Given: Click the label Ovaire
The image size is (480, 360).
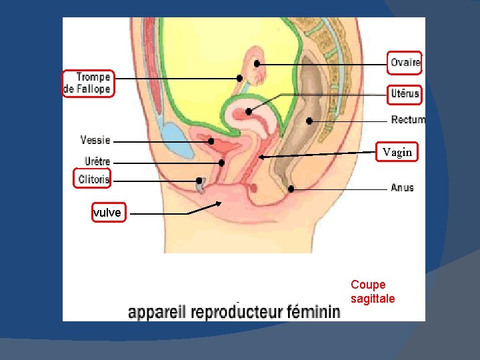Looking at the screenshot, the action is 405,63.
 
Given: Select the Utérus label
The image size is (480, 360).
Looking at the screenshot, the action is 405,94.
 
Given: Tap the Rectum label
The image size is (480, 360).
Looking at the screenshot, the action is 407,121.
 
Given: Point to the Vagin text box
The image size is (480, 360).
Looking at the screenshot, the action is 397,153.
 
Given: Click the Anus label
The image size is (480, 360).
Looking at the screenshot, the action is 402,188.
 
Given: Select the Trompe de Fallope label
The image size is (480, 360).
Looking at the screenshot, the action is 87,83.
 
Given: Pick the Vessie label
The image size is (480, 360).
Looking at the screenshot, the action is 95,141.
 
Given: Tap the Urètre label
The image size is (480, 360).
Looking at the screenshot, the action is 97,161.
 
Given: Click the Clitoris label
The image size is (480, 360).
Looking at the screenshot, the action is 93,179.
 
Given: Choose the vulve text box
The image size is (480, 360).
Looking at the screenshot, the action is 107,213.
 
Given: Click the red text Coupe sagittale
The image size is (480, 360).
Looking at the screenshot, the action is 372,292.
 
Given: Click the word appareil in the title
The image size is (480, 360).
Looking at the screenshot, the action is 154,312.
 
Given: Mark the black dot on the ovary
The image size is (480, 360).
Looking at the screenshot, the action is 257,63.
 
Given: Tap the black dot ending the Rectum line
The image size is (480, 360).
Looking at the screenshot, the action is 309,121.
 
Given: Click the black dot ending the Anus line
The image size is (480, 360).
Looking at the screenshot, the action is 291,189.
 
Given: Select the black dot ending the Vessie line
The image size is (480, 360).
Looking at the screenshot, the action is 211,141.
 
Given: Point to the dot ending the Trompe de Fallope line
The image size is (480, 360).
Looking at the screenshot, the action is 239,78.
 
